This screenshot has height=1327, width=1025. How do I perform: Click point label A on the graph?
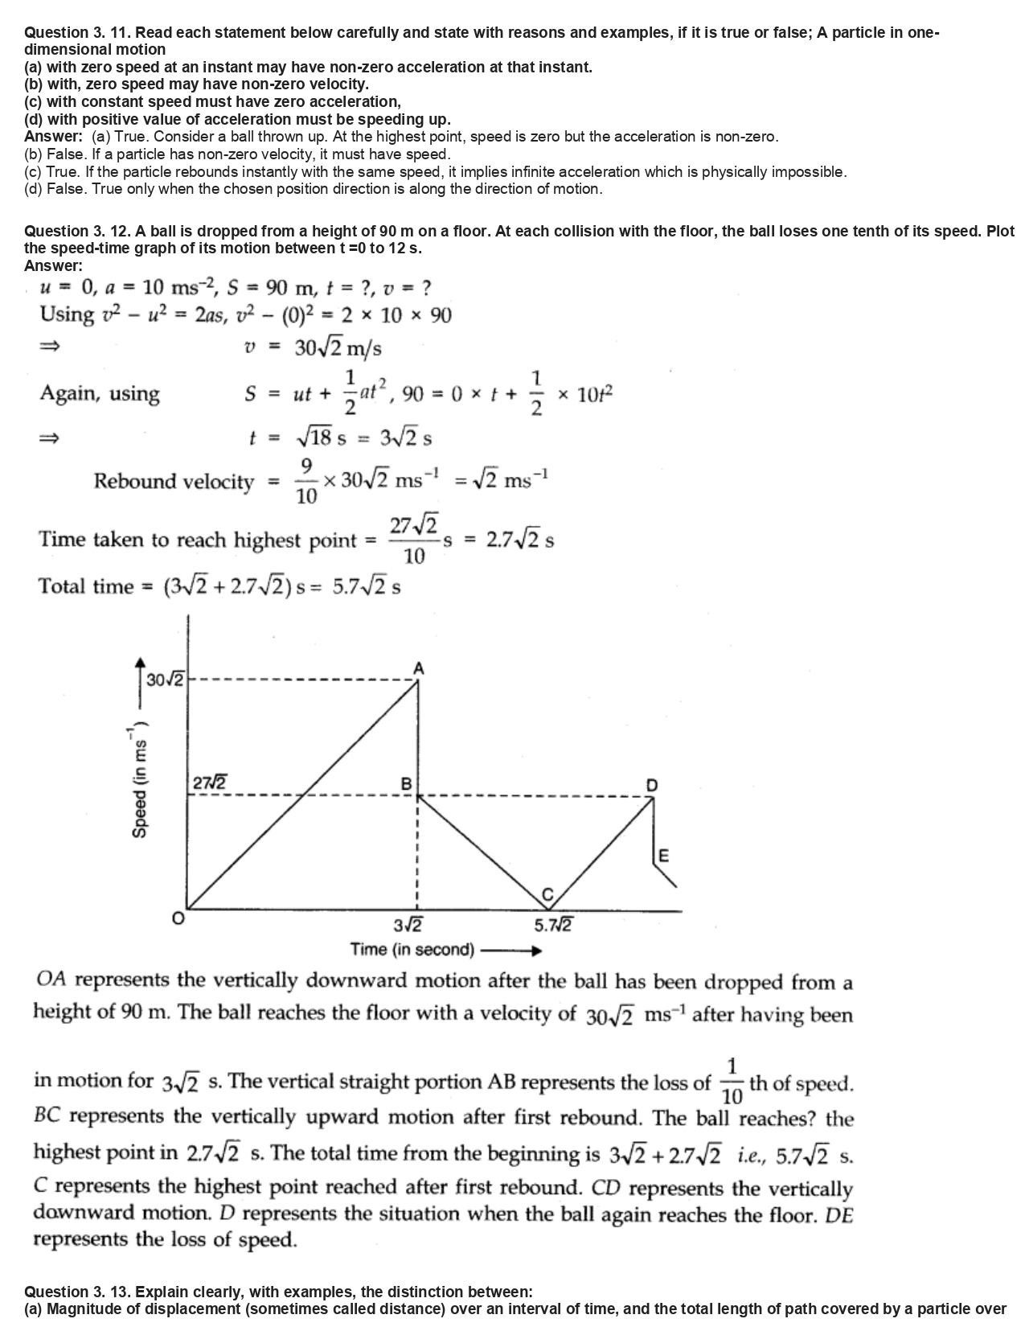coord(418,668)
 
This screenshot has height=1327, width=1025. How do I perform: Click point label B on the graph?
coord(406,783)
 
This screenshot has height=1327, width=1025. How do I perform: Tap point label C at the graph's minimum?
coord(548,894)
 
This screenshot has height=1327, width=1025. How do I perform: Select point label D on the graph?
coord(651,785)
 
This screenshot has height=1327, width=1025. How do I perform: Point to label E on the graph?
coord(663,855)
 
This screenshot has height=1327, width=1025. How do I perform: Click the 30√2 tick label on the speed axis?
coord(166,680)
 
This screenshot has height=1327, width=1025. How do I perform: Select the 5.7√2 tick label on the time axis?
coord(553,924)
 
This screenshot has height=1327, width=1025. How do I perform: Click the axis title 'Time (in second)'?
coord(412,950)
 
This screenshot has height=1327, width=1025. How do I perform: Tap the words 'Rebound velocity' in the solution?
coord(174,481)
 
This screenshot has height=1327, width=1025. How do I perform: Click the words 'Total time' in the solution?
coord(86,586)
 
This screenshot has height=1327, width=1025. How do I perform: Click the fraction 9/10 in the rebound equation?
coord(306,481)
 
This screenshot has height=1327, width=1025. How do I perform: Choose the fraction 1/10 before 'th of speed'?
coord(732,1083)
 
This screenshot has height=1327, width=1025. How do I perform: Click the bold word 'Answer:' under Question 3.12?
coord(53,265)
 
